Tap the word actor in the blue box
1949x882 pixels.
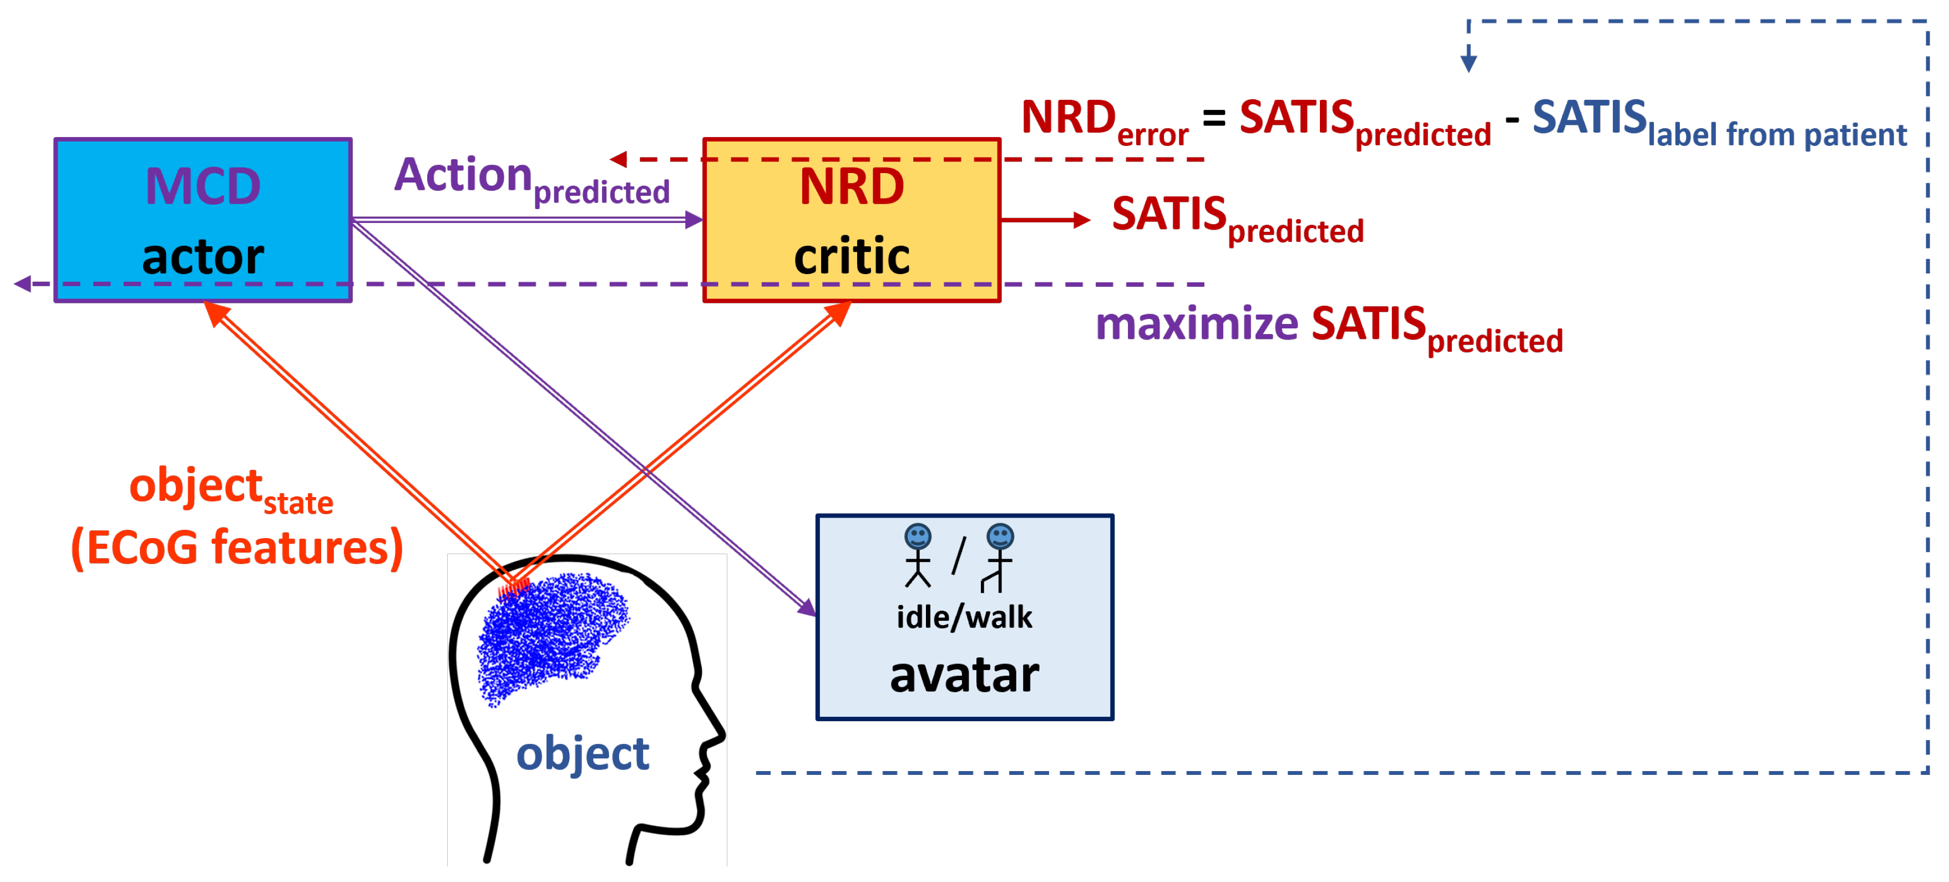click(x=203, y=257)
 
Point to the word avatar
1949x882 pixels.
click(x=965, y=675)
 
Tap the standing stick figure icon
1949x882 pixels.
click(x=918, y=556)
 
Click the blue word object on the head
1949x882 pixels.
click(x=583, y=754)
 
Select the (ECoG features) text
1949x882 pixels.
click(x=237, y=548)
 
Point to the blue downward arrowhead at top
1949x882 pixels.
click(x=1469, y=63)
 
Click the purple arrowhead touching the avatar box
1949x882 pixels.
click(x=808, y=608)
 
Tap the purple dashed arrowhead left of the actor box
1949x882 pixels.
click(x=23, y=285)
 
